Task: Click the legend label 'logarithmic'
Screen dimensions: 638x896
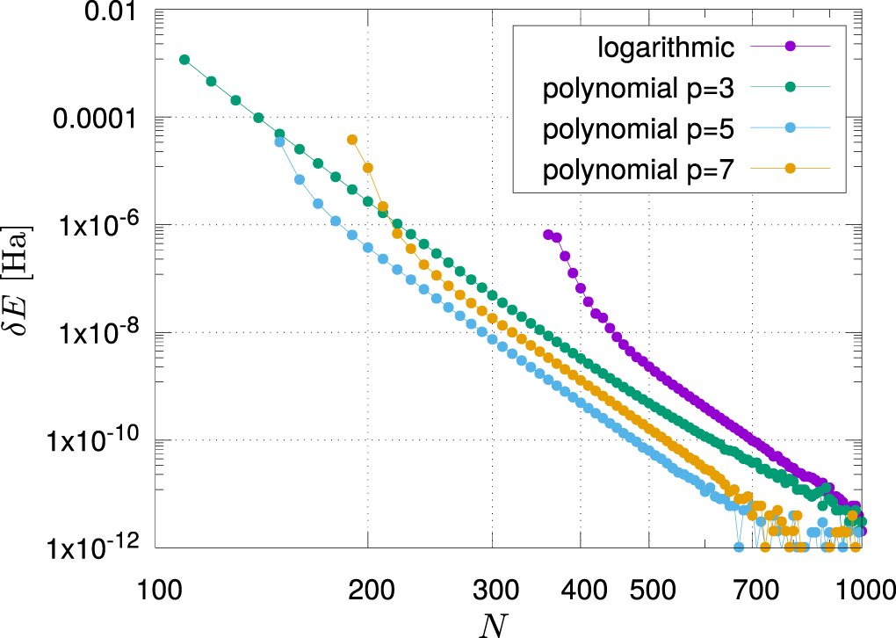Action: click(x=661, y=46)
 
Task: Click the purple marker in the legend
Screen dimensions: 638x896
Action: click(x=790, y=46)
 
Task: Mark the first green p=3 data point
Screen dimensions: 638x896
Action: click(x=184, y=60)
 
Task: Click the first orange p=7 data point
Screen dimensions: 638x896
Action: click(x=352, y=140)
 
